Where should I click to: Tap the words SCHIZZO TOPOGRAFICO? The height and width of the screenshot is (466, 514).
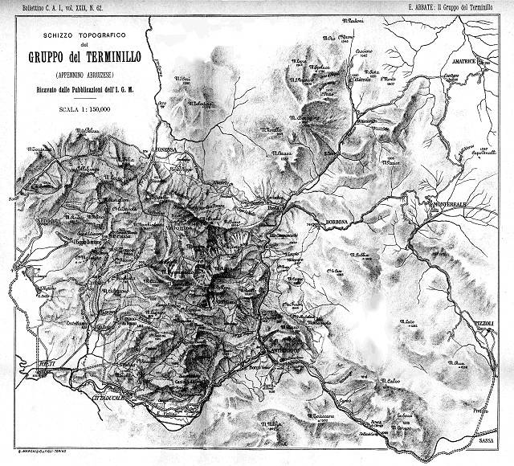tap(77, 36)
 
